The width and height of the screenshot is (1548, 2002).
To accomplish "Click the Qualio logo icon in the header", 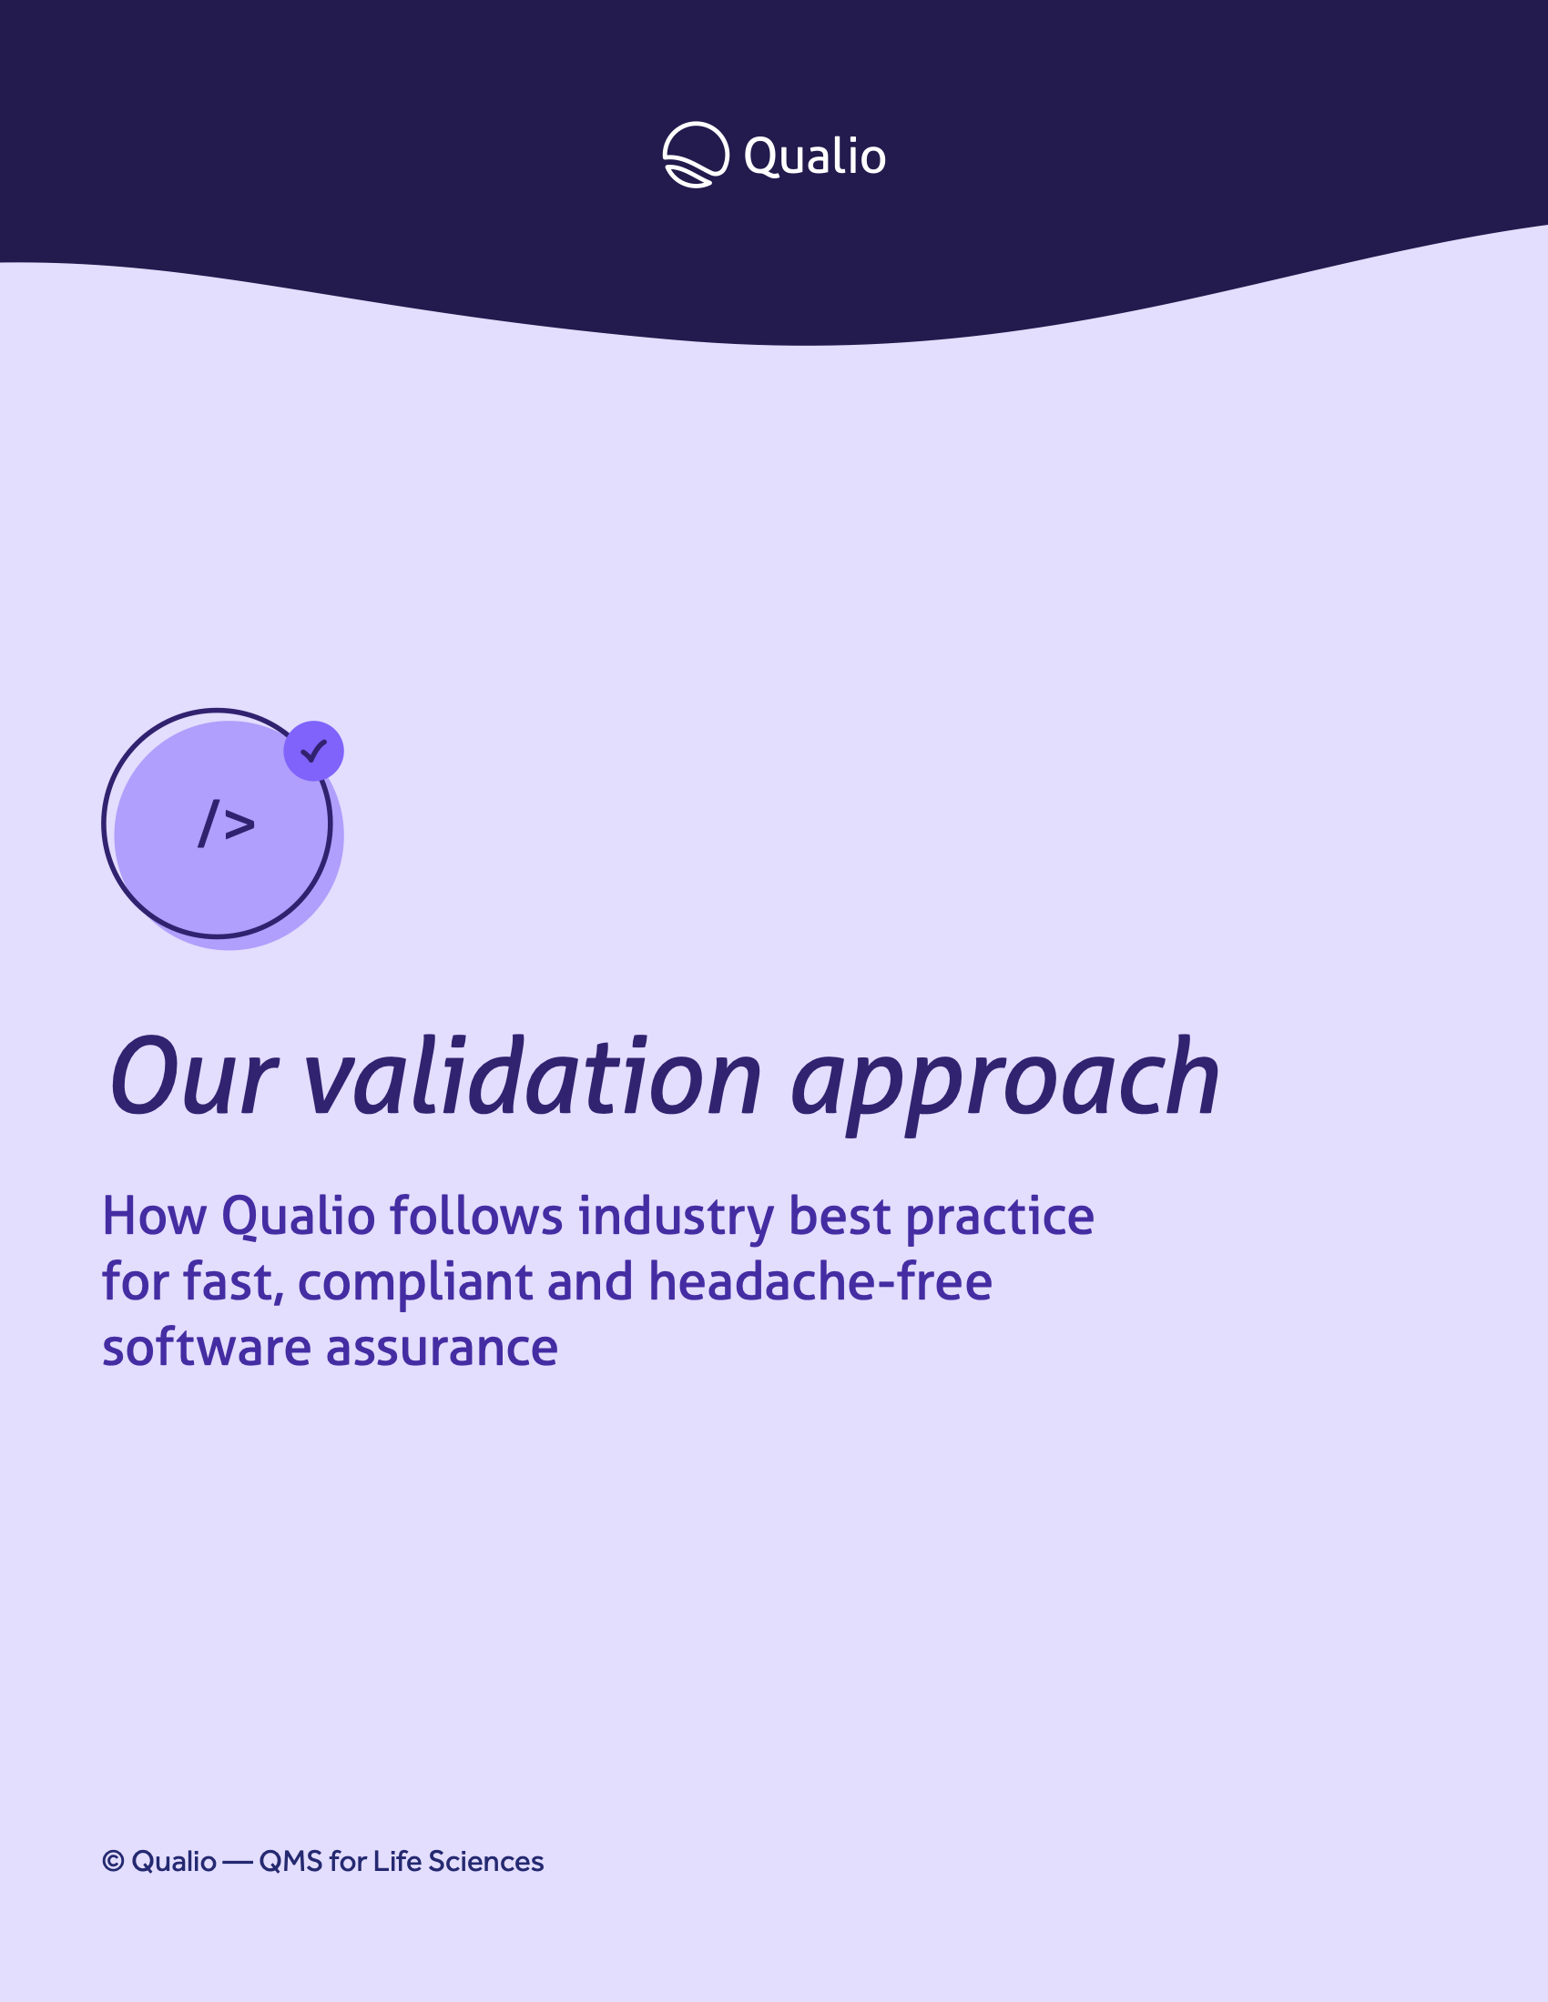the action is [696, 155].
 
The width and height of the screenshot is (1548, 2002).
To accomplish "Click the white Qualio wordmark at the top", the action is [814, 157].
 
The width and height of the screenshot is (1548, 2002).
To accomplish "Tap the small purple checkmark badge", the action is [313, 751].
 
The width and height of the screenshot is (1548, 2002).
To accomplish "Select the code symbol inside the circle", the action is [227, 823].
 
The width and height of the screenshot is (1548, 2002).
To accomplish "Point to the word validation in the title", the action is [533, 1077].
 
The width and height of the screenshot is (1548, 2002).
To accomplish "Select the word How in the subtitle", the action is [155, 1217].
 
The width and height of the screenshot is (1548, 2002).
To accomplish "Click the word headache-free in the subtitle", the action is [820, 1281].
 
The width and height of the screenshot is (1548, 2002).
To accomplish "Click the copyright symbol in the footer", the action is [113, 1861].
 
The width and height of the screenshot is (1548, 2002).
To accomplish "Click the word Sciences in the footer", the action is [486, 1862].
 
